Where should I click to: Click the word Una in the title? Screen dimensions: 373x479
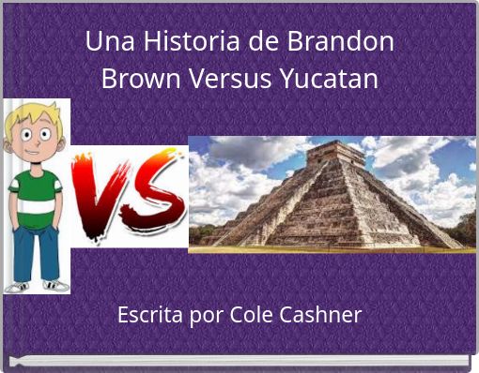pos(104,42)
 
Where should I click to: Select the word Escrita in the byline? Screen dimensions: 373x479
pos(147,315)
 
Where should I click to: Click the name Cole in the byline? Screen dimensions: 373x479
pos(244,315)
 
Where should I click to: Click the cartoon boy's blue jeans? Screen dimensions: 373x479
pos(36,248)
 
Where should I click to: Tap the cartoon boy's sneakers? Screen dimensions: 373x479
pos(36,285)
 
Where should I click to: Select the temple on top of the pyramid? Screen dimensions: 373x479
pos(334,152)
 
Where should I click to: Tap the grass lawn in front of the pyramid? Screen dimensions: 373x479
pos(329,249)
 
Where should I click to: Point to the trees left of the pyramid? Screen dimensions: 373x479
pos(203,231)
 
